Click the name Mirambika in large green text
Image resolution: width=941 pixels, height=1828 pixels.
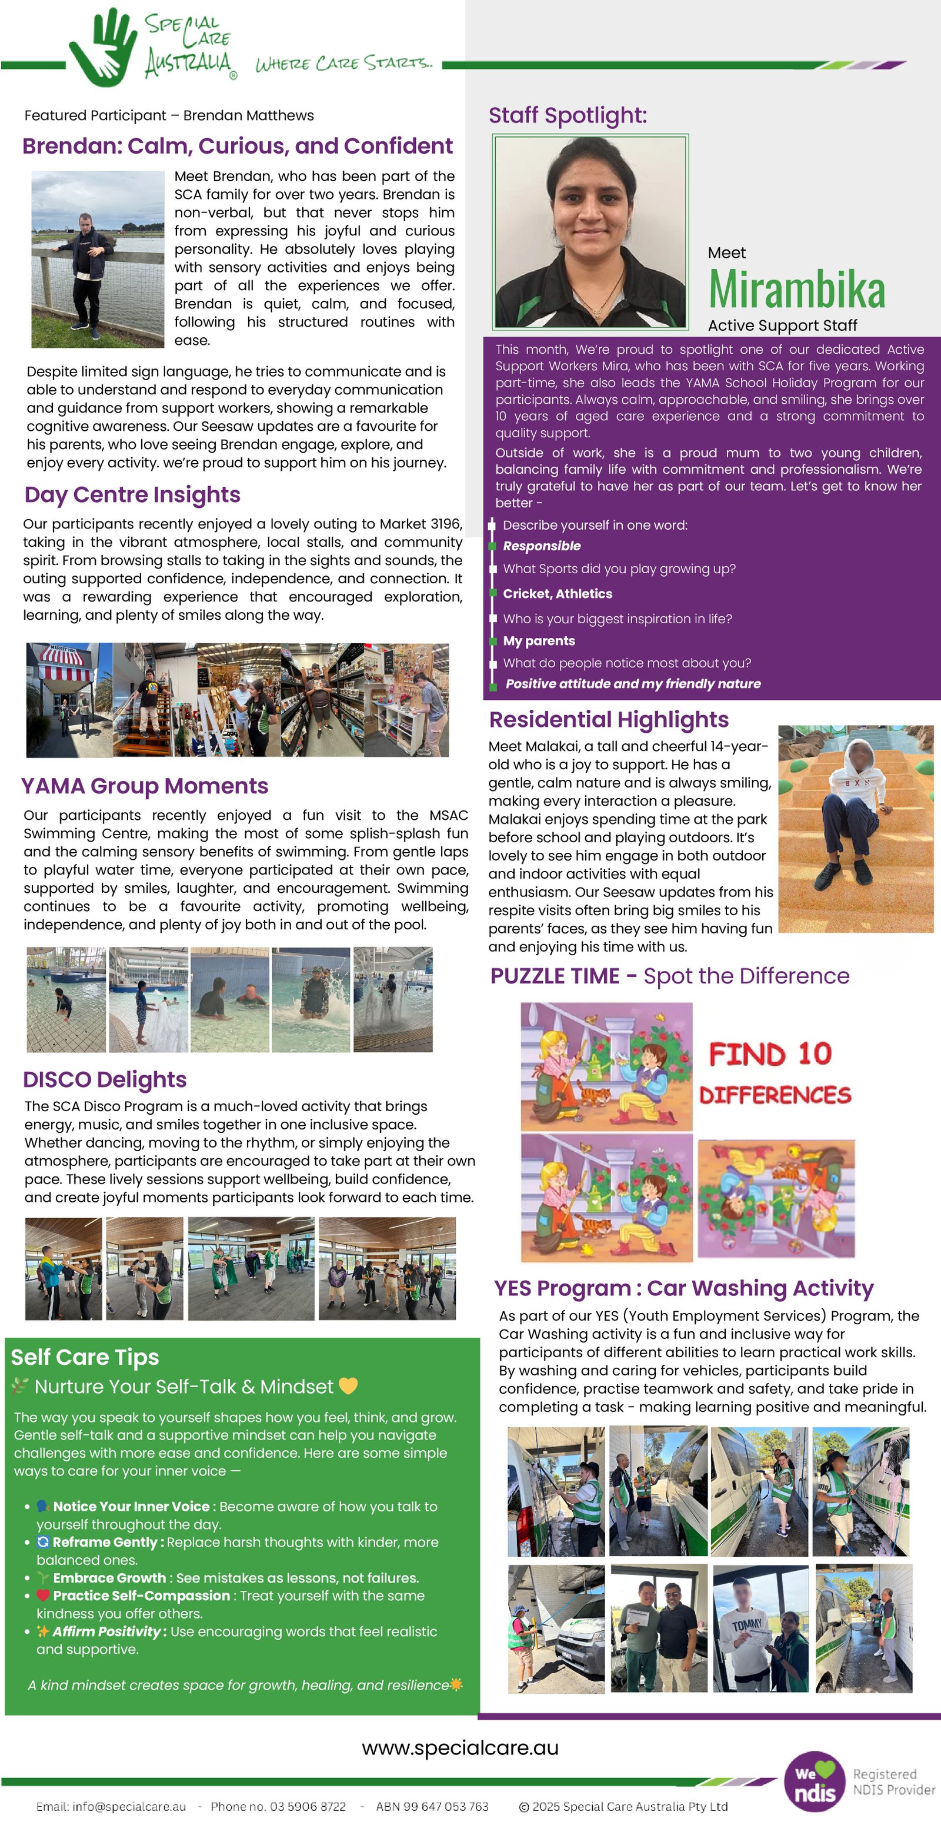(x=796, y=290)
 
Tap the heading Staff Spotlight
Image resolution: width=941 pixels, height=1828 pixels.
(x=568, y=115)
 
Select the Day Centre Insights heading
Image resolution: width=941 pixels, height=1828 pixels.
(x=132, y=494)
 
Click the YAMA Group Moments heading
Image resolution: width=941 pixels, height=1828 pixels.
(x=144, y=786)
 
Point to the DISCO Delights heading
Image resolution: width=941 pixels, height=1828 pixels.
(x=104, y=1079)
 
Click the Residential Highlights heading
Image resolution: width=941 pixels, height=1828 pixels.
(x=609, y=720)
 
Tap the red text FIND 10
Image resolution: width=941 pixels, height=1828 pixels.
(x=769, y=1054)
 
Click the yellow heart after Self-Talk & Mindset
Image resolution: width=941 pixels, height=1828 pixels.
(x=348, y=1386)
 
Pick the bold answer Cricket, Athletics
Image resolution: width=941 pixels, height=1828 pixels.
(x=558, y=594)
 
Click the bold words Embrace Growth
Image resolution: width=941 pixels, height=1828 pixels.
(x=109, y=1577)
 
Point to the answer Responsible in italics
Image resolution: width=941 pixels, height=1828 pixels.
(x=542, y=546)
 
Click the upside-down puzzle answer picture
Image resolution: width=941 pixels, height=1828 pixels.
(x=776, y=1199)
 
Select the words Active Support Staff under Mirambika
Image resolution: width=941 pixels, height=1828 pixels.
(x=782, y=325)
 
